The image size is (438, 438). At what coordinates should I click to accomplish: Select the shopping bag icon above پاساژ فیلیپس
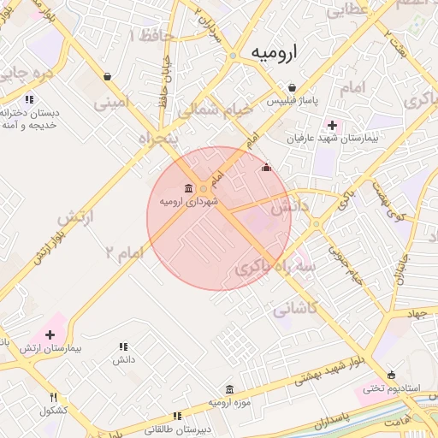[x=293, y=88]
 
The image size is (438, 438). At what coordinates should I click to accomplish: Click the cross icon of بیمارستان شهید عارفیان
[x=333, y=125]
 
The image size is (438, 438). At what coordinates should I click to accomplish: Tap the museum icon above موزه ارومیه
[x=228, y=389]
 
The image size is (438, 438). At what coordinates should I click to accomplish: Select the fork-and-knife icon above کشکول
[x=53, y=398]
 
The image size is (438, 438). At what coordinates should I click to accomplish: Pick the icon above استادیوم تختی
[x=392, y=375]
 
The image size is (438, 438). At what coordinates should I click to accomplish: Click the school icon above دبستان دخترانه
[x=30, y=99]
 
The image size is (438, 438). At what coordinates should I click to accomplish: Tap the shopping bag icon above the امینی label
[x=107, y=76]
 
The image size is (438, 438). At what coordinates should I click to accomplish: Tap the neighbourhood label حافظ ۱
[x=152, y=35]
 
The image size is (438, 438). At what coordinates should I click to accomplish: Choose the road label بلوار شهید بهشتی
[x=335, y=369]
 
